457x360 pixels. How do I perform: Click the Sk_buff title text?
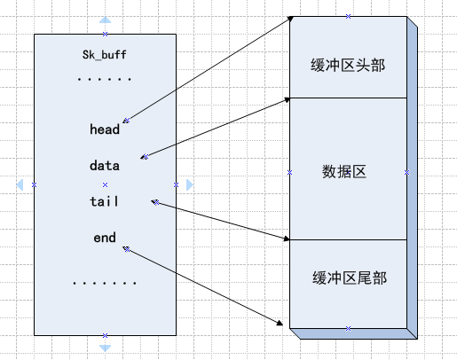click(x=105, y=55)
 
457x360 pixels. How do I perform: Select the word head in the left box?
click(x=104, y=129)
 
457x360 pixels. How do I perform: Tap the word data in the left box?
click(x=104, y=165)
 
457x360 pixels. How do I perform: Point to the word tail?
click(x=104, y=201)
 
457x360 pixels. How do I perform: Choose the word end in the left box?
click(x=104, y=238)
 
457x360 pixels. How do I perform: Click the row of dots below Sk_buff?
click(x=104, y=80)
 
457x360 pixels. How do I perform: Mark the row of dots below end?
click(x=104, y=283)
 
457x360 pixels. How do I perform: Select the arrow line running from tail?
click(x=222, y=221)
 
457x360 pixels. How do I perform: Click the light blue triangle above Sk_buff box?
click(x=105, y=20)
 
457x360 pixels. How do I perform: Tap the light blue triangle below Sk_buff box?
click(x=105, y=348)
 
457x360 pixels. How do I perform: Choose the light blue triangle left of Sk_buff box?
click(x=20, y=184)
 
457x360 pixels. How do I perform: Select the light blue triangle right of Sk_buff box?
click(x=189, y=184)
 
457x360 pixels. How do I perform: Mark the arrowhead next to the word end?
click(x=127, y=248)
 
